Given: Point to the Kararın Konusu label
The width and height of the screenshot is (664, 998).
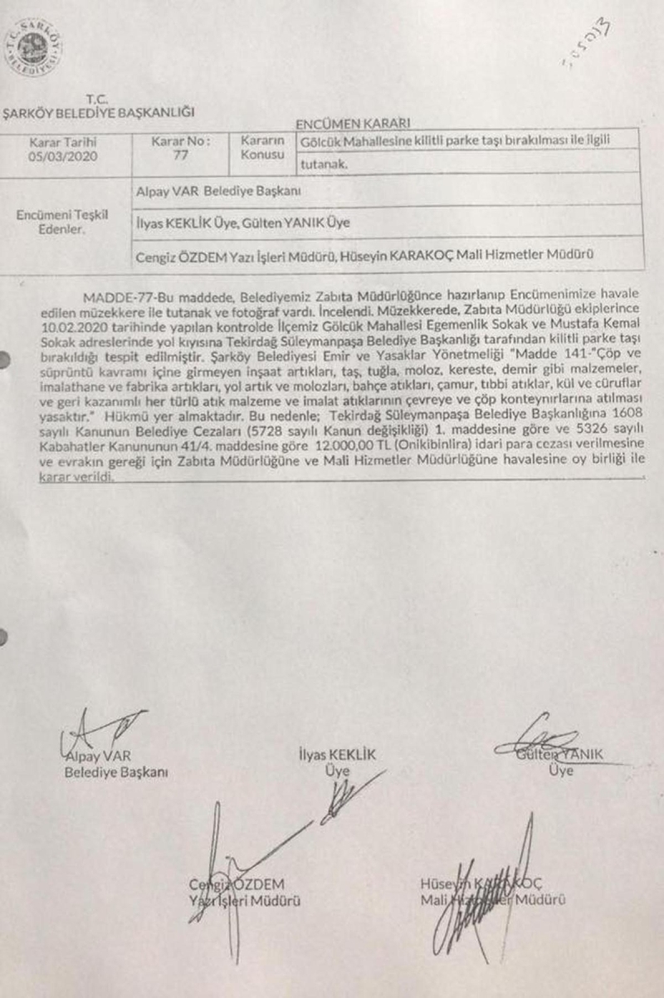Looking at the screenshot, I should [x=263, y=147].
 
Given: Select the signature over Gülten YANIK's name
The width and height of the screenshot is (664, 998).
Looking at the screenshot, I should [x=544, y=741].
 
